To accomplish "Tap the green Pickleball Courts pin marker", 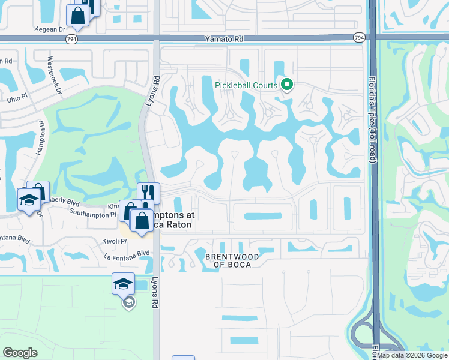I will (287, 85).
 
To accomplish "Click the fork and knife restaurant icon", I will (148, 193).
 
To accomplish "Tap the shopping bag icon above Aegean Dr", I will (78, 16).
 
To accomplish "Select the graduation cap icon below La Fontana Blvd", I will (123, 283).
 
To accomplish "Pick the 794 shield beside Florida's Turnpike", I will (358, 38).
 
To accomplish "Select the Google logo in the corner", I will (20, 353).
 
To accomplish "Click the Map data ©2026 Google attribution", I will (412, 355).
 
